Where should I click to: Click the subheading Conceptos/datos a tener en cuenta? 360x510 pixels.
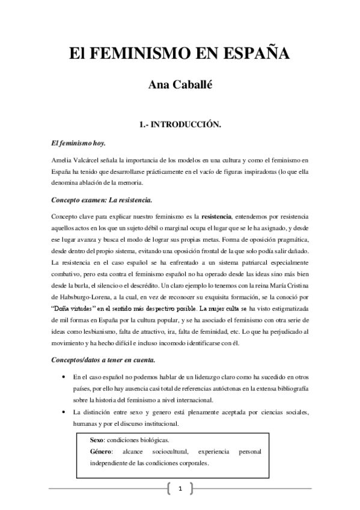click(103, 360)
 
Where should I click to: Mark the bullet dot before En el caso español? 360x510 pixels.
click(63, 377)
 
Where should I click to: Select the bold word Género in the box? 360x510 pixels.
click(101, 451)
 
